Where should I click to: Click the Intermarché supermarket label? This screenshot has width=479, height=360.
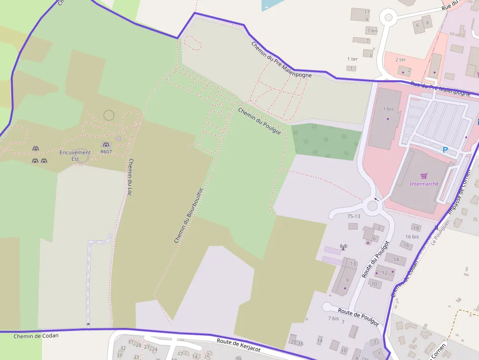pos(424,184)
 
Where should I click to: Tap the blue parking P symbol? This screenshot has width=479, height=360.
pos(445,150)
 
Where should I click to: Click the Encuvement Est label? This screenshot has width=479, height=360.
pos(75,155)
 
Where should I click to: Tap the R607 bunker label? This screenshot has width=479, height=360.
pos(106,152)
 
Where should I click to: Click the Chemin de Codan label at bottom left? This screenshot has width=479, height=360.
pos(36,336)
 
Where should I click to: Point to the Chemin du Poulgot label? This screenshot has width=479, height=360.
pos(259,121)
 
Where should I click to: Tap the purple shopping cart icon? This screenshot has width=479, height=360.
pos(424,176)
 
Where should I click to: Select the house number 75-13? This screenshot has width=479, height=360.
pos(353,216)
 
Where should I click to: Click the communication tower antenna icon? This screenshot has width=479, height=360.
pos(343,247)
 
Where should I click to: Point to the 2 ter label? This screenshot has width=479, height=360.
pos(400,60)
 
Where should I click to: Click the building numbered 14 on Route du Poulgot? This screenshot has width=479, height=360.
pos(396,259)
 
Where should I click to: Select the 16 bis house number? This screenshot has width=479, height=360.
pos(412,236)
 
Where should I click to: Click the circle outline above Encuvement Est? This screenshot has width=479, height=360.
pos(109,115)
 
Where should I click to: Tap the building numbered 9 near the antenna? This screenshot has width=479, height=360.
pos(347,280)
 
